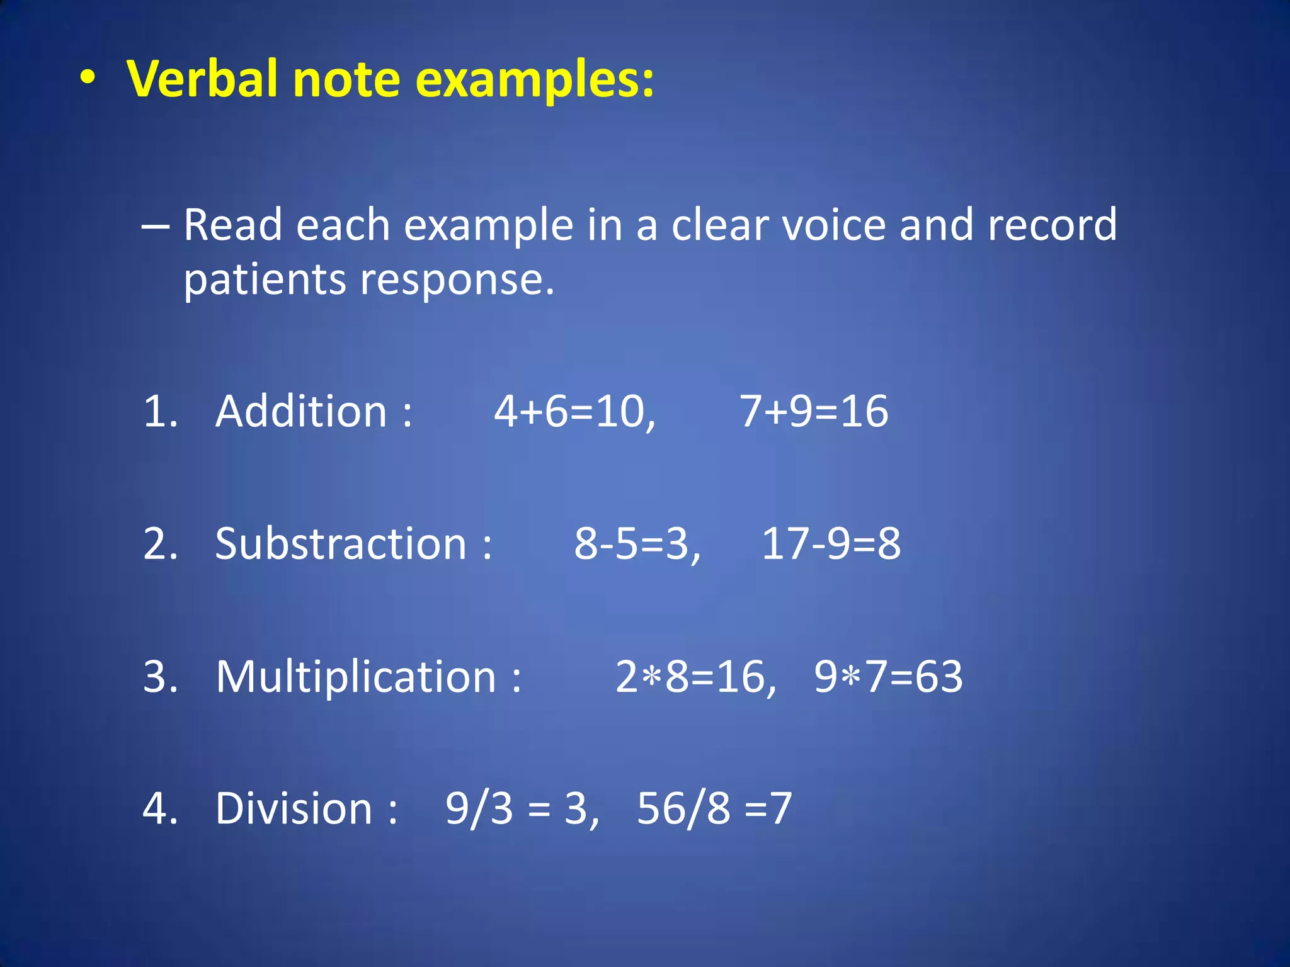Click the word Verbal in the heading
coord(202,79)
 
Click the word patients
coord(265,280)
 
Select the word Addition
coord(301,411)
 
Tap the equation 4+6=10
coord(573,412)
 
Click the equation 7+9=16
coord(813,411)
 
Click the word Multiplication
coord(357,677)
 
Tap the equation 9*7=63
coord(888,677)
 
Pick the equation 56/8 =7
coord(714,809)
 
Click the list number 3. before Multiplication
coord(161,677)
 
